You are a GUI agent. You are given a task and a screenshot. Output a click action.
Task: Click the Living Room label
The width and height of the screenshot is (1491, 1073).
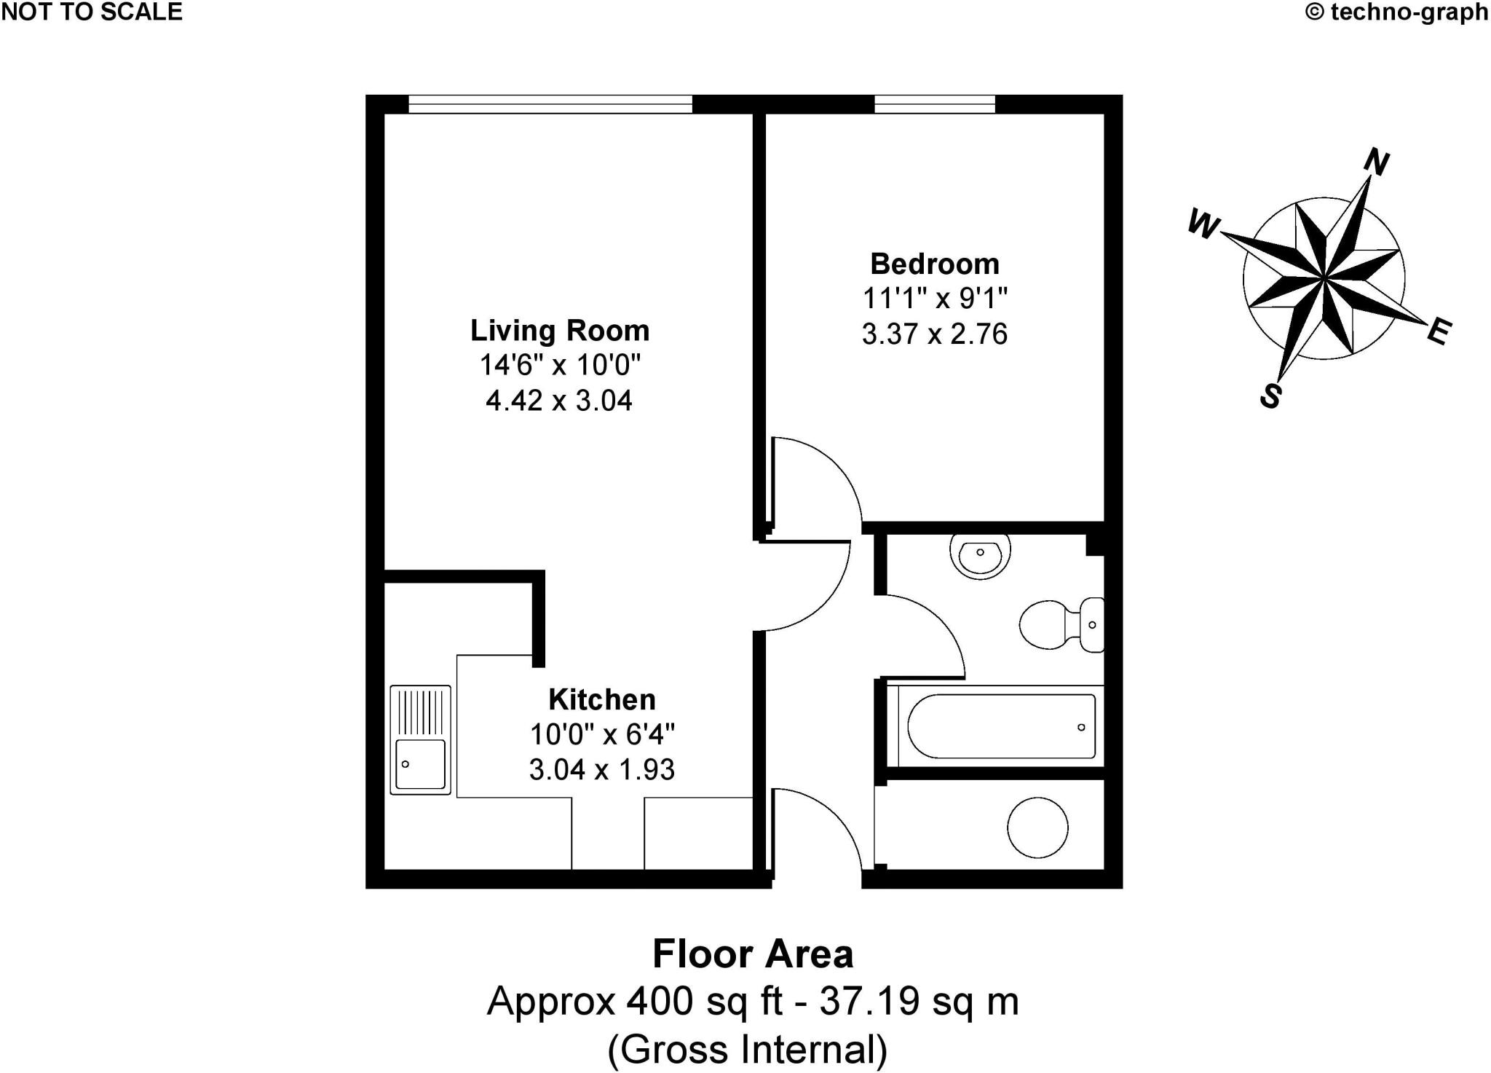[559, 331]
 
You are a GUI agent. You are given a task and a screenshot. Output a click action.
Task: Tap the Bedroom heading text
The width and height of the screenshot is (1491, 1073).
[934, 264]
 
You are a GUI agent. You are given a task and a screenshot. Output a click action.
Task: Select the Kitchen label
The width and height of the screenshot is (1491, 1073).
[601, 699]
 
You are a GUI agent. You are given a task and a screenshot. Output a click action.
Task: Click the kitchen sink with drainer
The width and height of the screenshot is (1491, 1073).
[420, 739]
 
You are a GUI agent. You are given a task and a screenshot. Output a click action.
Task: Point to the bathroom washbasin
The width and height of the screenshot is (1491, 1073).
[980, 556]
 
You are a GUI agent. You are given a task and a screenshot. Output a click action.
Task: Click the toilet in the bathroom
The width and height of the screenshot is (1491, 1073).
[1061, 625]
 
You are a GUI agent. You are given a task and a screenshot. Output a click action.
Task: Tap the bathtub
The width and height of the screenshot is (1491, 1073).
[1001, 726]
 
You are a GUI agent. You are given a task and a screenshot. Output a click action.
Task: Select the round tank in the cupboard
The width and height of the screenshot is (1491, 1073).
[1037, 827]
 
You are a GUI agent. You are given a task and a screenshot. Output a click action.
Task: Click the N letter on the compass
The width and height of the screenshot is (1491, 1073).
[1376, 162]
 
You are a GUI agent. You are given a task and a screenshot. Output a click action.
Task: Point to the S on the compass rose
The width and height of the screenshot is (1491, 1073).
[1271, 396]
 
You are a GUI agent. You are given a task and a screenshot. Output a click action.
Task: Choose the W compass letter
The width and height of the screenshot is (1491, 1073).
[1203, 224]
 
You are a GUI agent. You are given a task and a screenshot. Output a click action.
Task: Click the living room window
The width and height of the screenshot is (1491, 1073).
[550, 105]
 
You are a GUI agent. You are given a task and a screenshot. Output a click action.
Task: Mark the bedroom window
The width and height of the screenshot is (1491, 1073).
[934, 105]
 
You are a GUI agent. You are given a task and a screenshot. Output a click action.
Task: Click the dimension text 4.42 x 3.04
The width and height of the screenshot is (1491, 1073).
[559, 401]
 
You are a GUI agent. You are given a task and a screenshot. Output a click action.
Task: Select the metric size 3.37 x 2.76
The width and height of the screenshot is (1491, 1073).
[934, 334]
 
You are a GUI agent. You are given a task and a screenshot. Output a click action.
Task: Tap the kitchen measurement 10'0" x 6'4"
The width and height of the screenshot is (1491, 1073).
[601, 734]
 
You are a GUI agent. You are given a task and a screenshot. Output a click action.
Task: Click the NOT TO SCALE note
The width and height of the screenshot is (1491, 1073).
[92, 12]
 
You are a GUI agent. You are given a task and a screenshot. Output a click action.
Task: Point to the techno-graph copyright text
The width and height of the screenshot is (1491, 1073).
[1396, 12]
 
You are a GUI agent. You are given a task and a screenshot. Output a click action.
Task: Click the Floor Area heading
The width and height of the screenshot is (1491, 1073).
[752, 954]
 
